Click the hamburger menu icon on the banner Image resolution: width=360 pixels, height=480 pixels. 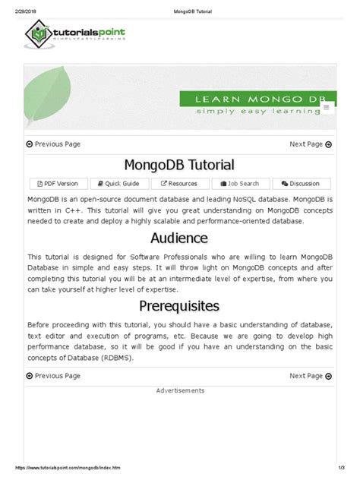pos(327,108)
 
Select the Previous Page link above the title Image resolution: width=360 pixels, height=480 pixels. pos(53,144)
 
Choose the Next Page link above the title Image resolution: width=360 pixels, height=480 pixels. pos(307,144)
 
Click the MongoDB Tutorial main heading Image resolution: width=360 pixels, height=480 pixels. pos(179,165)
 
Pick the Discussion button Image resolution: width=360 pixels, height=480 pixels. pos(301,183)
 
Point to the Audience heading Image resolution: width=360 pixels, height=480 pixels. pos(179,238)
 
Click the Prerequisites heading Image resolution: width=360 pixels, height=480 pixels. pos(179,305)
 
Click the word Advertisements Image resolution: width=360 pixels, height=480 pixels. pos(180,390)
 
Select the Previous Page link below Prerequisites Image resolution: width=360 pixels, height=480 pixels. pos(53,375)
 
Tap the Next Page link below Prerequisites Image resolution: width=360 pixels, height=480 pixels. pos(307,375)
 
